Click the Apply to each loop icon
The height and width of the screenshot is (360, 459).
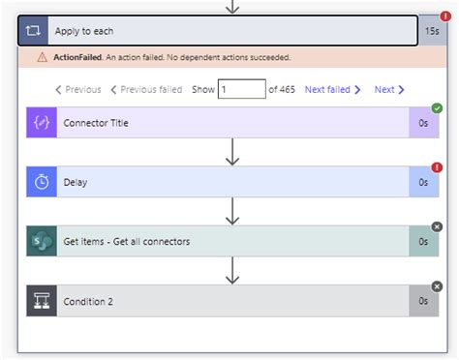(33, 31)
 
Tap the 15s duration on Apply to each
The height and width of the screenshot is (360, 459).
(432, 31)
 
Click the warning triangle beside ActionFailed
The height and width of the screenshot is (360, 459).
(42, 57)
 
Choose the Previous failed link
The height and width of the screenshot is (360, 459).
(146, 90)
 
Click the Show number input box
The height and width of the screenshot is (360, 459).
(241, 90)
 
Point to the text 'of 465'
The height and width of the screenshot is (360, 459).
(282, 90)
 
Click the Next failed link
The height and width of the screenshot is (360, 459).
(332, 90)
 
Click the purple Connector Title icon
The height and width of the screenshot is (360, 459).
(42, 123)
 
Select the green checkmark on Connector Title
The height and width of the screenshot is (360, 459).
(437, 108)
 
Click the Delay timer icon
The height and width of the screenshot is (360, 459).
(42, 182)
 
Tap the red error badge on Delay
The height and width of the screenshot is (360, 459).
(437, 167)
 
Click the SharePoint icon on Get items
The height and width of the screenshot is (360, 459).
(42, 241)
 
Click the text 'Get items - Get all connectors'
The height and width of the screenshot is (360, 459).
(126, 241)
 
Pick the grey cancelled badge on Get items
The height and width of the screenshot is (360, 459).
(437, 226)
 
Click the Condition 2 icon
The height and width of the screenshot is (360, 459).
(42, 301)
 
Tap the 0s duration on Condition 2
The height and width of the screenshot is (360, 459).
(423, 301)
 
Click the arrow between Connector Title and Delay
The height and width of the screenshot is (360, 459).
(231, 152)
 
